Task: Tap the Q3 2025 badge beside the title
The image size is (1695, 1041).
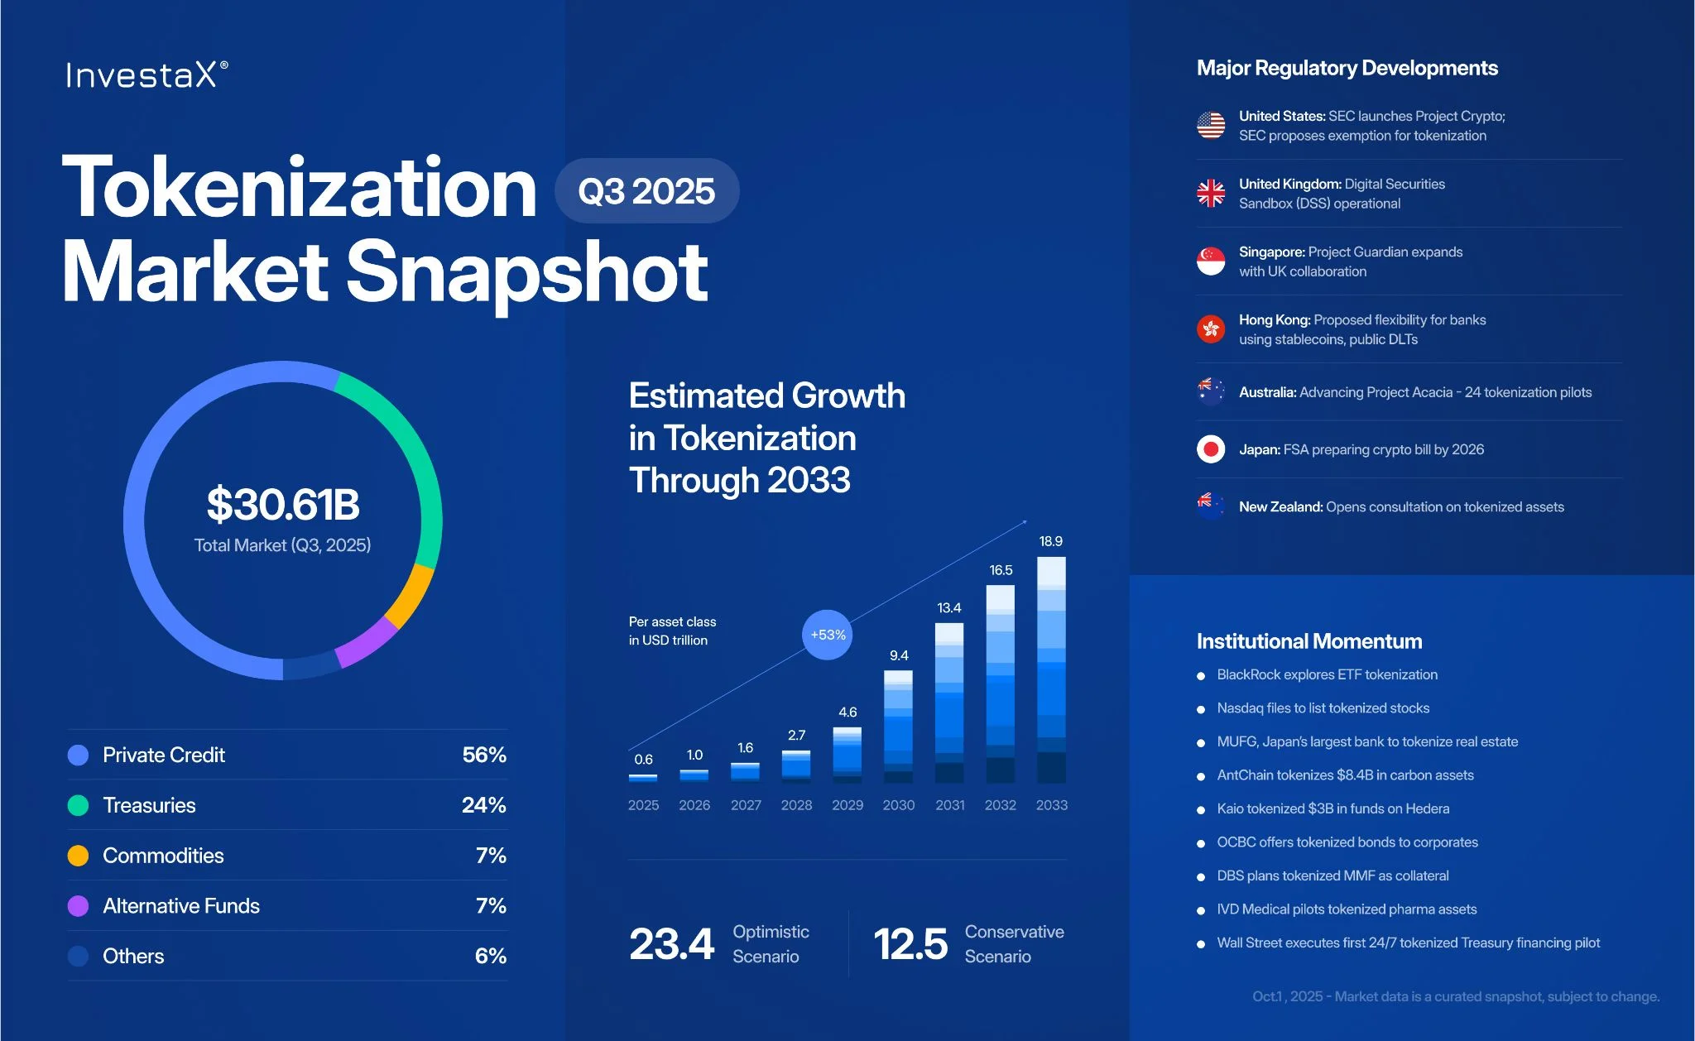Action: [646, 191]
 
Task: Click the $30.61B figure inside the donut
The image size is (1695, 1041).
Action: [283, 504]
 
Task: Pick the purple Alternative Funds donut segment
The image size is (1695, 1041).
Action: [367, 642]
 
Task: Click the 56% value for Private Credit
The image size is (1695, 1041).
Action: [484, 755]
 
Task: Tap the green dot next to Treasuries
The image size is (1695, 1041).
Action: [78, 805]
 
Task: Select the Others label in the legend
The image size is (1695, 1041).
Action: [133, 956]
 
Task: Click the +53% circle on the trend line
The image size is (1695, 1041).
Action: [828, 635]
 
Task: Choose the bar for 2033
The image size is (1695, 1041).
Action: [1051, 670]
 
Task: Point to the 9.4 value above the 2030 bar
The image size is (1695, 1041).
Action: [899, 655]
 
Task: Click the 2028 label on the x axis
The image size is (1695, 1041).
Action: [796, 805]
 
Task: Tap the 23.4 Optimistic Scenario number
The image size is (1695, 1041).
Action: [671, 944]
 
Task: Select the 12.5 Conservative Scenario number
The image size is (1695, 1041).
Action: [910, 944]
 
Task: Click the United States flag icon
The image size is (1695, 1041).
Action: [1211, 126]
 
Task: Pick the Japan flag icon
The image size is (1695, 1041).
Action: [1211, 449]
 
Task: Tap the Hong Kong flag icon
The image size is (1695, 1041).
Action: [1211, 329]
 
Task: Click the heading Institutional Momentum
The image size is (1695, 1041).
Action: [1308, 641]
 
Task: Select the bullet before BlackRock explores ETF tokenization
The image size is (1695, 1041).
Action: [1201, 676]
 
